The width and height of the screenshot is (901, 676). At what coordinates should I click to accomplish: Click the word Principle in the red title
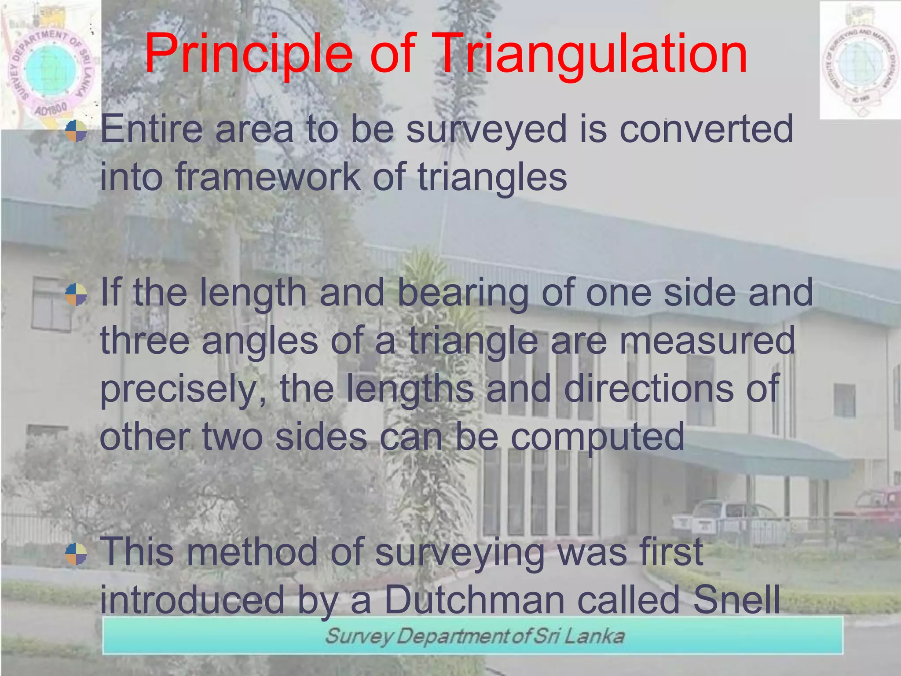coord(249,55)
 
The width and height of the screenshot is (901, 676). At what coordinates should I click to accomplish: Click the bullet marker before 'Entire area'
coord(76,131)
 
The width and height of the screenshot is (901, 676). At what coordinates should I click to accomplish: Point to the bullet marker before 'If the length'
coord(76,294)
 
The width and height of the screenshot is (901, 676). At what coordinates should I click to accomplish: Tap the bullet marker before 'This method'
coord(76,554)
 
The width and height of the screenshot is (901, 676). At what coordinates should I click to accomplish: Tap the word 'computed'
coord(597,437)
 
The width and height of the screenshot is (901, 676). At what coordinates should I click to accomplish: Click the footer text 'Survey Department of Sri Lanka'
coord(474,636)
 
